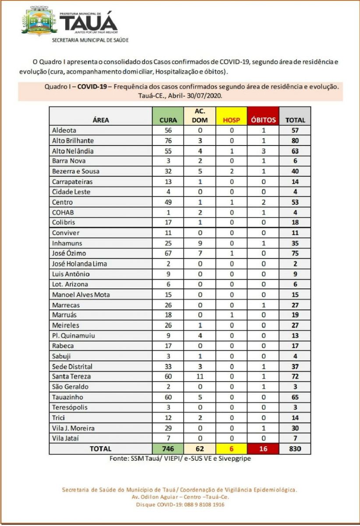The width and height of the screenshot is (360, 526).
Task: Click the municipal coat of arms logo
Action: (x=39, y=21)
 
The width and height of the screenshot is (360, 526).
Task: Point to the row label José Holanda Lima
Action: (x=79, y=264)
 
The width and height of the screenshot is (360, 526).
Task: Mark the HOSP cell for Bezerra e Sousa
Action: (x=232, y=171)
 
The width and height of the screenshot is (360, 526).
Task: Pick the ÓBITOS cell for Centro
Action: (x=263, y=202)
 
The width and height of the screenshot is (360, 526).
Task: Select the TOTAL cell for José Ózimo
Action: (x=295, y=253)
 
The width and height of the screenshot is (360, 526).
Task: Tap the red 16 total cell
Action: (x=263, y=448)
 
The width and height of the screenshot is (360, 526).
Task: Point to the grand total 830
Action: (x=295, y=448)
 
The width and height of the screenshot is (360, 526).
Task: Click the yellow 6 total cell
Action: (x=232, y=448)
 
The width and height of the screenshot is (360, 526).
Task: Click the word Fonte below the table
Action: (x=118, y=458)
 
